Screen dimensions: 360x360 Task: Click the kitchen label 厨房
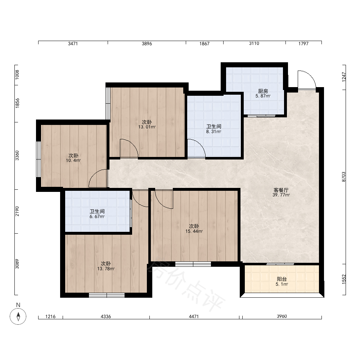tap(263, 91)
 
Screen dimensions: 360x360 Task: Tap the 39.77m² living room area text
tap(281, 195)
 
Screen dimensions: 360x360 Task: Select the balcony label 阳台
tap(282, 279)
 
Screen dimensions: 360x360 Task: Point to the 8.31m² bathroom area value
tap(213, 132)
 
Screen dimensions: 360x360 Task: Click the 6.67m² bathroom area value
tap(97, 216)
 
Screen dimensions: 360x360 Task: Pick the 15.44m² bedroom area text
tap(194, 231)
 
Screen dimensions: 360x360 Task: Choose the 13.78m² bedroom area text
tap(106, 269)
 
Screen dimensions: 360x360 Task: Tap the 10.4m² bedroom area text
tap(73, 161)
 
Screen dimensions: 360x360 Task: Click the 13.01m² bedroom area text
tap(147, 127)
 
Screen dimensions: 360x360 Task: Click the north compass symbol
tap(18, 316)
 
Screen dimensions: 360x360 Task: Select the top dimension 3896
tap(147, 44)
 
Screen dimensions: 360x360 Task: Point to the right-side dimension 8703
tap(344, 177)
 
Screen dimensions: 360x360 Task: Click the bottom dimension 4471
tap(194, 316)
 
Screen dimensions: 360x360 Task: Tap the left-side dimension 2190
tap(17, 211)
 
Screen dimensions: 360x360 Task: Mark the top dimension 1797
tap(303, 44)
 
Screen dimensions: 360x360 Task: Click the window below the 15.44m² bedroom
tap(193, 264)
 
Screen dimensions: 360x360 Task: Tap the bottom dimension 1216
tap(50, 316)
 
